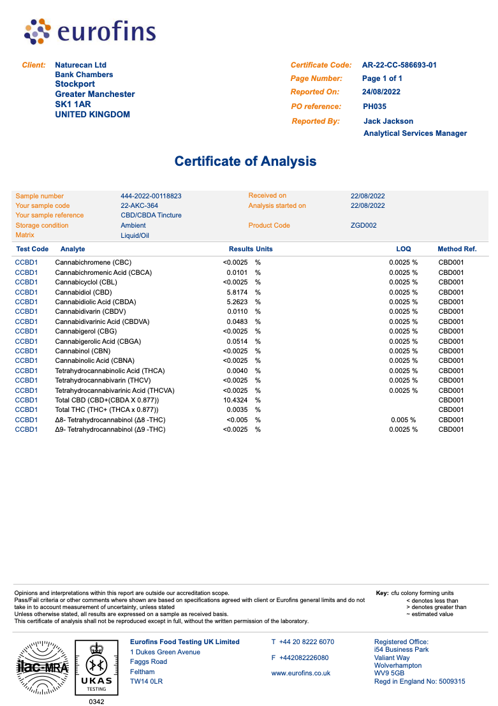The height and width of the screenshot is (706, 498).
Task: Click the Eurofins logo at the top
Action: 90,31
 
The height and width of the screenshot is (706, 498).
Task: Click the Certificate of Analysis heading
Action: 245,161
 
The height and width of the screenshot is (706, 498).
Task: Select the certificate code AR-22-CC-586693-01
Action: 399,65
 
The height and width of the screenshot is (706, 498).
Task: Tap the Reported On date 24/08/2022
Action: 381,92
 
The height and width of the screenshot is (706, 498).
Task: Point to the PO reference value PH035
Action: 375,107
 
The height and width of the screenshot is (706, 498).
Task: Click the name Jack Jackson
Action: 388,121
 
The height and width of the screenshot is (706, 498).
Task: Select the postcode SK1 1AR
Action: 73,104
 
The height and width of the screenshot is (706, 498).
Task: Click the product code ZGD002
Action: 363,225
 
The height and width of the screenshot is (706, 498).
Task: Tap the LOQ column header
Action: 404,249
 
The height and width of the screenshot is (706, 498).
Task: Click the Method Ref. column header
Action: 457,249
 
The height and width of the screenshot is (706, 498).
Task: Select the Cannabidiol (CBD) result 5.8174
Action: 237,292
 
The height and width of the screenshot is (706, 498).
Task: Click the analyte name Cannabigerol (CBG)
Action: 86,331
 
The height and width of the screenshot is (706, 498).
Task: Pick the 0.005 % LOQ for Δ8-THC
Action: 403,420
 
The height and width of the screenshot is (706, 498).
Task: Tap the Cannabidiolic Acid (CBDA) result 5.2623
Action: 237,302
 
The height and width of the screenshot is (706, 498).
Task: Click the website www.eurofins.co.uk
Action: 301,673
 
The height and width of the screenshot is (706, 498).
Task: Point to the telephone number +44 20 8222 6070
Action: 306,642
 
